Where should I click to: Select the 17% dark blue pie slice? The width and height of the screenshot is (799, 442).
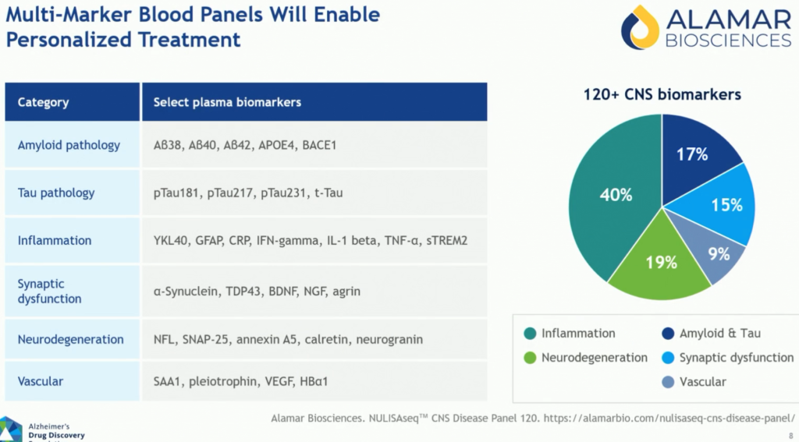693,156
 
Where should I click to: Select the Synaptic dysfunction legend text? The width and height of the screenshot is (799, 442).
736,358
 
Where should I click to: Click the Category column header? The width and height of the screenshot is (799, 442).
43,102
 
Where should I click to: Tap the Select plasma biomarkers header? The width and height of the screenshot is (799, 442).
227,102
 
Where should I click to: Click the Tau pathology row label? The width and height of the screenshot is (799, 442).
56,193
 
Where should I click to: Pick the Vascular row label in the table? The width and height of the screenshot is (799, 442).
41,382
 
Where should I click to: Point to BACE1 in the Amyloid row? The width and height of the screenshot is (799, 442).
319,145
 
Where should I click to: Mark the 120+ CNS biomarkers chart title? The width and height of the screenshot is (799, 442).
662,95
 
